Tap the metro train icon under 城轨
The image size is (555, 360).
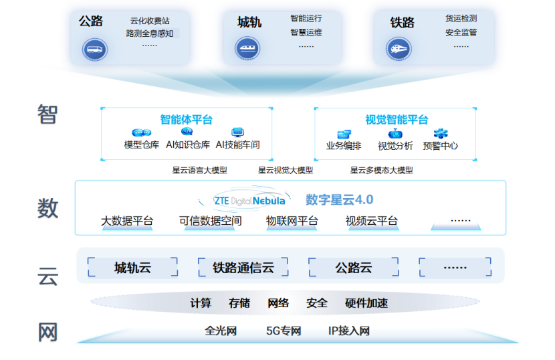247,48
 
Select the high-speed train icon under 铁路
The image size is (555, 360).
399,48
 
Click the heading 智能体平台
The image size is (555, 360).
186,120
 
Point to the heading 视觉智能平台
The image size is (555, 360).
397,120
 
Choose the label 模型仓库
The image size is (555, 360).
142,145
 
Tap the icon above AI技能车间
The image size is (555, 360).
237,133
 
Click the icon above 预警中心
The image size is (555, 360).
440,134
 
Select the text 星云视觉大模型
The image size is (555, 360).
286,170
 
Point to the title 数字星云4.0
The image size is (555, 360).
339,199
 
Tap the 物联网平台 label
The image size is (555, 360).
292,221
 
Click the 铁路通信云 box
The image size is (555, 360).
243,268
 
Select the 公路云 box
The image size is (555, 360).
353,268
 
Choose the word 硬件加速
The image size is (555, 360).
366,303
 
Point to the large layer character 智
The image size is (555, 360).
47,114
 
